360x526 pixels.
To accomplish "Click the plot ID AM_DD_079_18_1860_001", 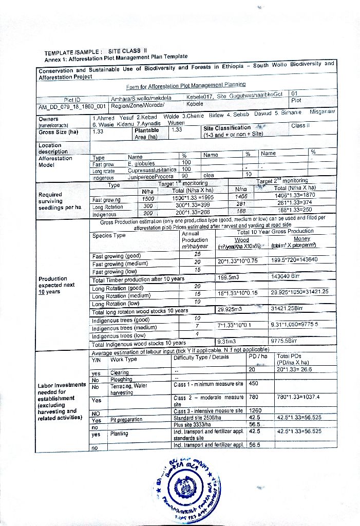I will (72, 107).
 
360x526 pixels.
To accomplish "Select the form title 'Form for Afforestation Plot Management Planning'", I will (186, 85).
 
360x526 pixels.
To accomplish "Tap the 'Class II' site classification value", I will (300, 125).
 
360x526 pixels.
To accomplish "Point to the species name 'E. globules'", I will (141, 163).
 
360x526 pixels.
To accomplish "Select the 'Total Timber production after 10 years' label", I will (138, 279).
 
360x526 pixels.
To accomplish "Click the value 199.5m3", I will (229, 278).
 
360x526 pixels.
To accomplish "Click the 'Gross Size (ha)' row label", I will (58, 131).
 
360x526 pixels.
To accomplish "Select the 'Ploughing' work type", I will (122, 380).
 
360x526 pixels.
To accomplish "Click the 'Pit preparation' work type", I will (126, 420).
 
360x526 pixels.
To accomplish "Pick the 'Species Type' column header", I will (109, 236).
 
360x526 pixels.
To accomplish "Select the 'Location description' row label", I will (53, 148).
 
